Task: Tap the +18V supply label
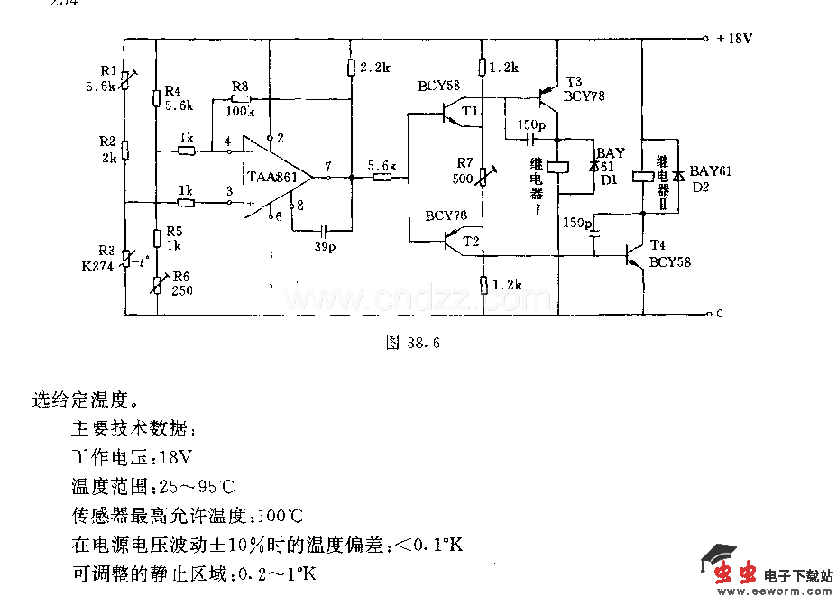tap(734, 39)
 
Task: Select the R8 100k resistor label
tap(240, 99)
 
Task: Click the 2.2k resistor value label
tap(374, 68)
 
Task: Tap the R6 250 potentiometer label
tap(181, 283)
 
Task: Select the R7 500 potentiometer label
tap(464, 170)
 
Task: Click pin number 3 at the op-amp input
tap(229, 191)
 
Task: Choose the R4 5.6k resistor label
tap(179, 98)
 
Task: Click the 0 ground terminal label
tap(719, 315)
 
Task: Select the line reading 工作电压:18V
tap(132, 457)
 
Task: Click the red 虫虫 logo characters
tap(735, 573)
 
